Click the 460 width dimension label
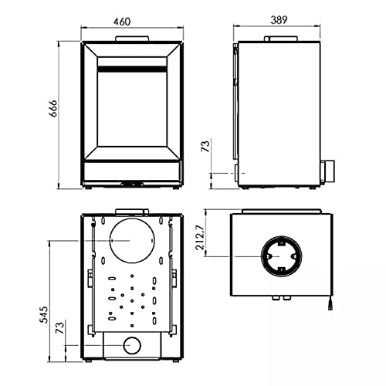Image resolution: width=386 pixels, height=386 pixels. (122, 22)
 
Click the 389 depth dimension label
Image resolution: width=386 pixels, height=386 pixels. (279, 20)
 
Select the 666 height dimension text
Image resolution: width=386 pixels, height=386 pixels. (53, 108)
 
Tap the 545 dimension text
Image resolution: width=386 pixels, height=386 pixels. (44, 315)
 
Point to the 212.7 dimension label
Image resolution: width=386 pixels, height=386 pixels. (200, 237)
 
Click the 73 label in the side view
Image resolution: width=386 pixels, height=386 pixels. (205, 146)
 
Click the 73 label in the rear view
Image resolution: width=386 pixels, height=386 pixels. (60, 327)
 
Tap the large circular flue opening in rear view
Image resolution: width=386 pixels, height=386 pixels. (132, 241)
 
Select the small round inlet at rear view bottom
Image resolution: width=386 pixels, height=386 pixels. (132, 345)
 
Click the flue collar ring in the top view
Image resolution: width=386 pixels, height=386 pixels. (282, 236)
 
